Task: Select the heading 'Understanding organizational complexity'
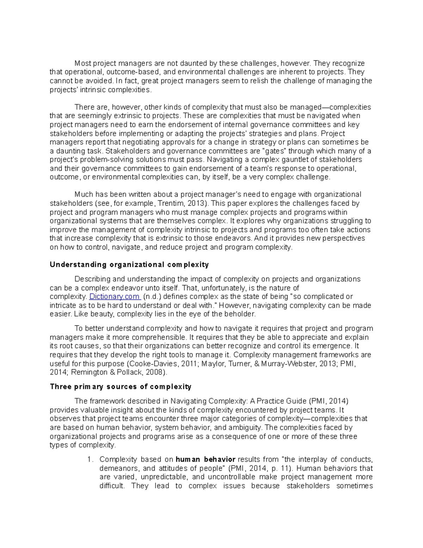[129, 265]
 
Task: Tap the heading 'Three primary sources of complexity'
[121, 387]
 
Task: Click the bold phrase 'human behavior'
[205, 459]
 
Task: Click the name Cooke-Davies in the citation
[148, 363]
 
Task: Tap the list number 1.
[90, 459]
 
